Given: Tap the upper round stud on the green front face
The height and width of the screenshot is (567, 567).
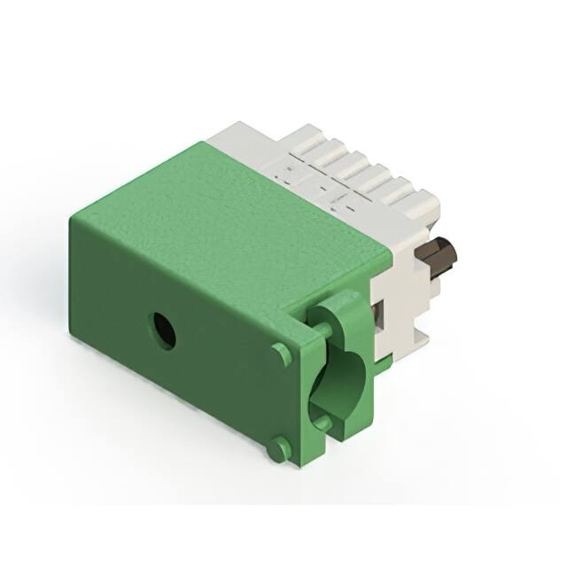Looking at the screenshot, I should (x=282, y=354).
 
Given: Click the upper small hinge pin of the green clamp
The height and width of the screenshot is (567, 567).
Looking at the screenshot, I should (x=323, y=330).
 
